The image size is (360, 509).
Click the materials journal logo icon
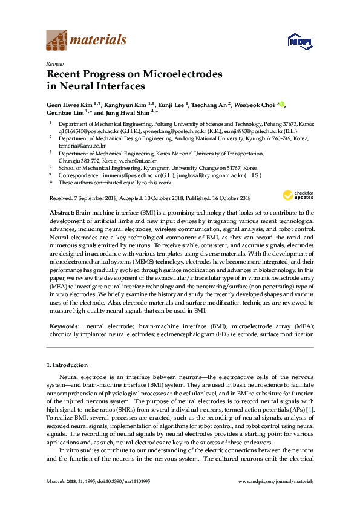click(56, 40)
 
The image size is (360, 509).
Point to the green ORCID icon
click(282, 104)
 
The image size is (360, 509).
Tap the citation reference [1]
click(310, 410)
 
